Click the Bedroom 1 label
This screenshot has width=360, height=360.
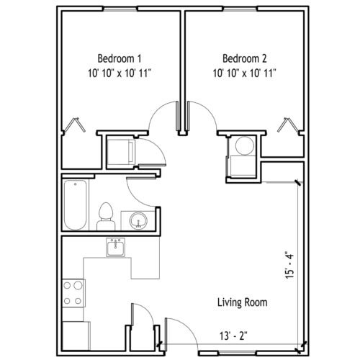120,58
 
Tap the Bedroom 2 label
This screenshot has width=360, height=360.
245,58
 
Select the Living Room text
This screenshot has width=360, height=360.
243,302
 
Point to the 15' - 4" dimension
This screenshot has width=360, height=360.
289,265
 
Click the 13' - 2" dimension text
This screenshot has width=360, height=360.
233,336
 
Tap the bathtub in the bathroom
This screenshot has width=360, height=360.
76,204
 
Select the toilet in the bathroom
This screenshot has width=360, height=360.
106,217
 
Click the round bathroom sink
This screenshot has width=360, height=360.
138,220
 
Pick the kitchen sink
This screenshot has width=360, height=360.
116,247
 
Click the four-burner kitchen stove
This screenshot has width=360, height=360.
73,293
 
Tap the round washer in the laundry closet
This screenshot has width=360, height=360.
244,145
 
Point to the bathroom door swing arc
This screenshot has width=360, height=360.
135,197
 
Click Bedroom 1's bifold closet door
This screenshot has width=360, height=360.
75,125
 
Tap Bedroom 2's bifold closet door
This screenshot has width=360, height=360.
289,125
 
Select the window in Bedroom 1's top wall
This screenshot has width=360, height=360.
120,9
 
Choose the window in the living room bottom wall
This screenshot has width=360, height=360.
238,353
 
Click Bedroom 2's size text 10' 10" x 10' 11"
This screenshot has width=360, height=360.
245,73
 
